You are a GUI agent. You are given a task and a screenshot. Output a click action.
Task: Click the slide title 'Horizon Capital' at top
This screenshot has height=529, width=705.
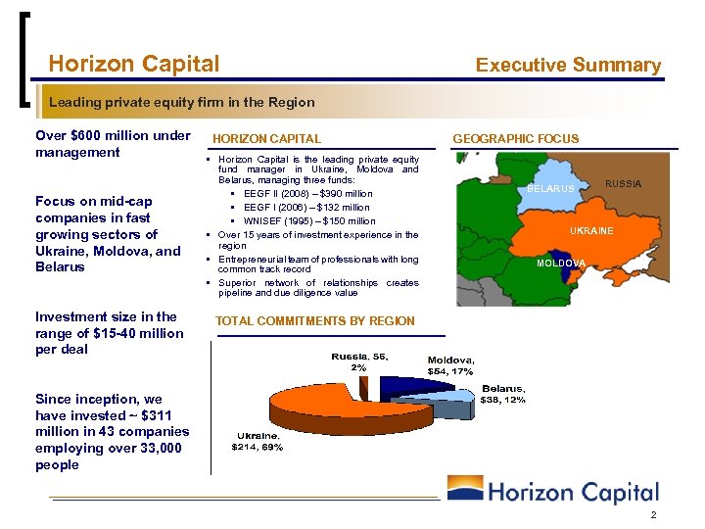coord(134,65)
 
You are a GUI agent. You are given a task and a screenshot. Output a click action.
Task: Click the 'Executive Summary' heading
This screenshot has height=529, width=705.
coord(568,66)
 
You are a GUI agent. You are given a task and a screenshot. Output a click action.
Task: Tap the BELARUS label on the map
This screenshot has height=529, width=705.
coord(551,188)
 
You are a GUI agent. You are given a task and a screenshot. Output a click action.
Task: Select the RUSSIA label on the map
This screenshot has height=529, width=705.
coord(623,184)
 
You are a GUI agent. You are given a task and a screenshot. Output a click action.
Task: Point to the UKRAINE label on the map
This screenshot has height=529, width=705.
coord(591,231)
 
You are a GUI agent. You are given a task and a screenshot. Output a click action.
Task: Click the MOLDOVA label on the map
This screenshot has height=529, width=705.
coord(560,264)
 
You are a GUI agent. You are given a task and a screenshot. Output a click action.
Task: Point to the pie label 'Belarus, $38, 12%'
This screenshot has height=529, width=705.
coord(503,394)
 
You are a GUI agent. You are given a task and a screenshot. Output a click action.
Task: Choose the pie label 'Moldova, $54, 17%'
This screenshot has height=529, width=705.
coord(450,365)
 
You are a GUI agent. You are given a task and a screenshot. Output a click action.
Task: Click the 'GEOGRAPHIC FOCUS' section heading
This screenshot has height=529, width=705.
coord(515,139)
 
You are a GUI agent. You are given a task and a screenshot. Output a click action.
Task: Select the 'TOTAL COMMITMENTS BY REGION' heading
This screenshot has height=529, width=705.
coord(314,321)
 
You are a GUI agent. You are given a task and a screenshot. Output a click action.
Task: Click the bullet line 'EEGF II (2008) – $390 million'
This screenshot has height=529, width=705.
coord(306,194)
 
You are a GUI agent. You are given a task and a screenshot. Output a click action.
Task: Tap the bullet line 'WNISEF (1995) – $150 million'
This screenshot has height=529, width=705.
coord(308,221)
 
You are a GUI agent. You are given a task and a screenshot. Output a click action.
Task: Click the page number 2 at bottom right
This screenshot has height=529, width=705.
coord(651,515)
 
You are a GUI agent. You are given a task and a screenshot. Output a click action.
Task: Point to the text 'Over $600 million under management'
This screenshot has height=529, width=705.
coord(113,144)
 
